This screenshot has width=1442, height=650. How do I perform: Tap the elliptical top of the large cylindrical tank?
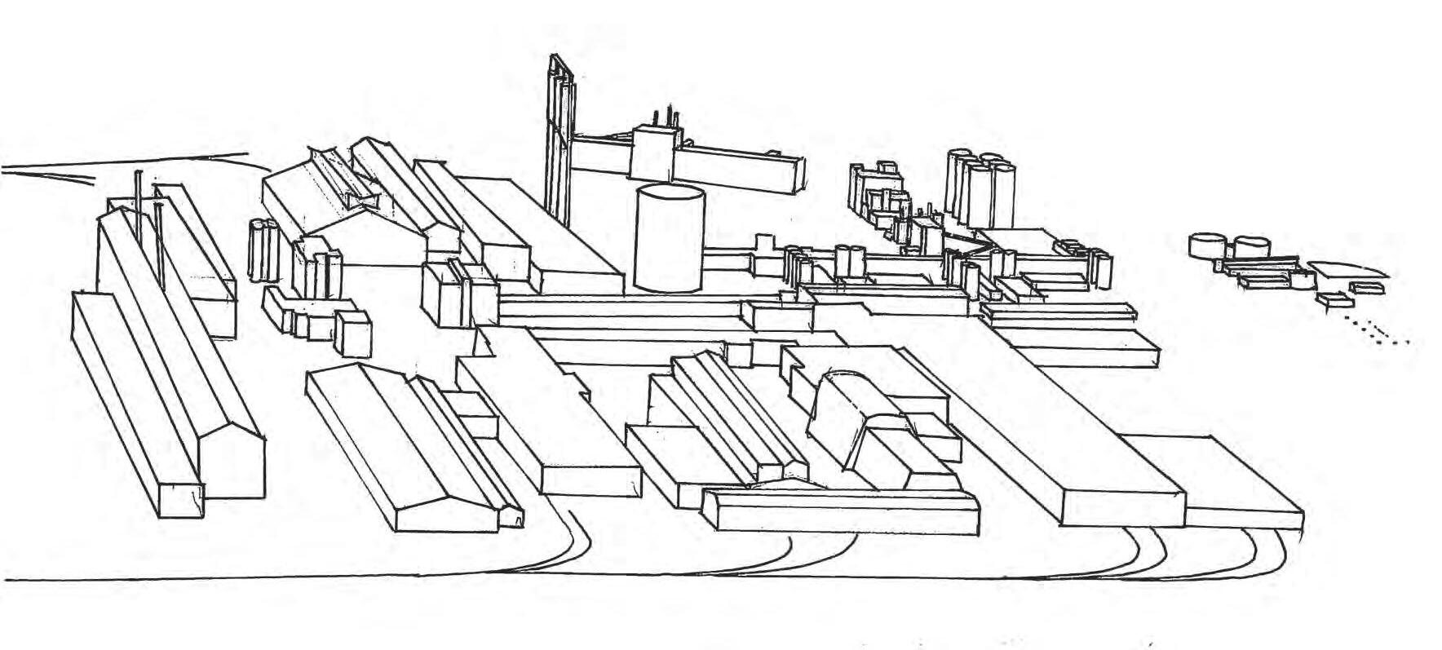click(x=669, y=194)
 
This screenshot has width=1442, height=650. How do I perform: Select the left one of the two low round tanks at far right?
click(x=1207, y=245)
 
